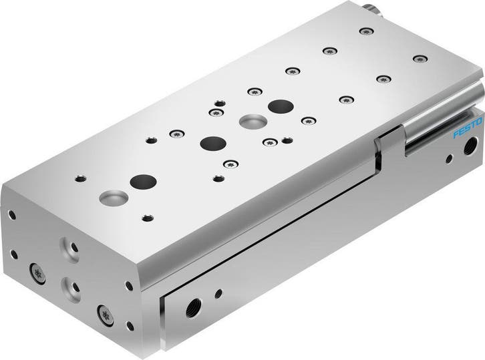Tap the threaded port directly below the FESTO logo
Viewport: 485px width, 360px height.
(x=470, y=142)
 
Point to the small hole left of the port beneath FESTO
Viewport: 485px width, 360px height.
(x=449, y=158)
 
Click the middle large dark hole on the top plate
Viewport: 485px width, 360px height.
(x=212, y=143)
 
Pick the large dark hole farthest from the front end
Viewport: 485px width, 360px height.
(x=279, y=106)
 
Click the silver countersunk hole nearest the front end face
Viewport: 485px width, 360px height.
(x=109, y=197)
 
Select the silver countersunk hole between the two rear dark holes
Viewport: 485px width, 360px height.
(x=251, y=122)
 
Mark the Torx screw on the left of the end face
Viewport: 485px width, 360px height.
(x=37, y=273)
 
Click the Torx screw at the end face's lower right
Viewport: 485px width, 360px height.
(x=104, y=314)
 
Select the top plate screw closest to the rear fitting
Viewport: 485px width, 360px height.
(x=365, y=31)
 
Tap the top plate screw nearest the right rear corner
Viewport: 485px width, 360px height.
(x=419, y=59)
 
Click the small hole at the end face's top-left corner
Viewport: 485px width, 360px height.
(x=11, y=215)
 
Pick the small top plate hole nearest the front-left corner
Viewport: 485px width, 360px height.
(x=80, y=178)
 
